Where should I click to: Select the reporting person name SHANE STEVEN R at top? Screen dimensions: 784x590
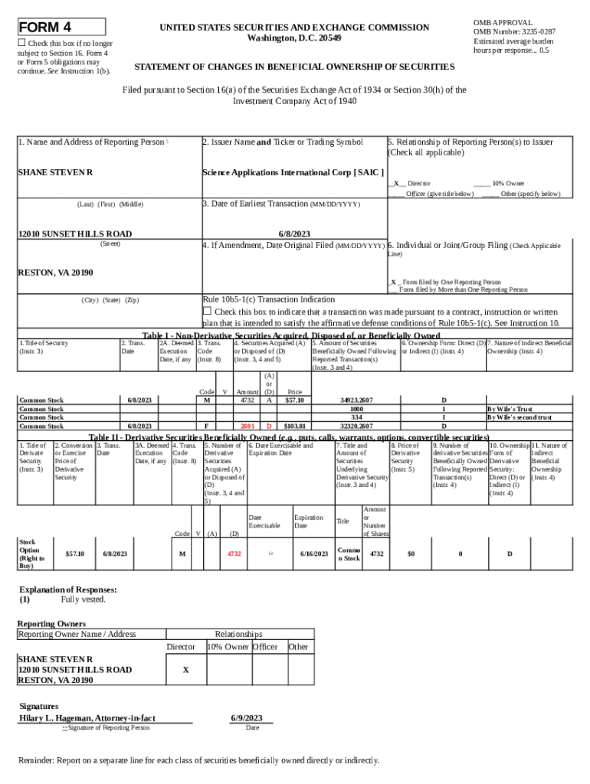pyautogui.click(x=55, y=172)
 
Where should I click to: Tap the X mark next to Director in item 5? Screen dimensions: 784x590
pyautogui.click(x=396, y=184)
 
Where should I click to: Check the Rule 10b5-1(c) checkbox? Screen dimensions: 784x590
pyautogui.click(x=207, y=311)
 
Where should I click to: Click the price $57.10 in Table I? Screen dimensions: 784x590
pyautogui.click(x=294, y=400)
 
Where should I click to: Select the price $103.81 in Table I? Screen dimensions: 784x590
pyautogui.click(x=294, y=426)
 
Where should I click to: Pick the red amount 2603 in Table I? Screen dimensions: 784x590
pyautogui.click(x=247, y=426)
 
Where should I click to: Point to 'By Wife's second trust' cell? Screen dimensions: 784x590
pyautogui.click(x=520, y=417)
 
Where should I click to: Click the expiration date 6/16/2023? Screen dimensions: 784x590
pyautogui.click(x=314, y=553)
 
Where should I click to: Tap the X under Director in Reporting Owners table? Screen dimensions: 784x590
pyautogui.click(x=185, y=669)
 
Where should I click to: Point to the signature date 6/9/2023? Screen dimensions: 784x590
pyautogui.click(x=247, y=717)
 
